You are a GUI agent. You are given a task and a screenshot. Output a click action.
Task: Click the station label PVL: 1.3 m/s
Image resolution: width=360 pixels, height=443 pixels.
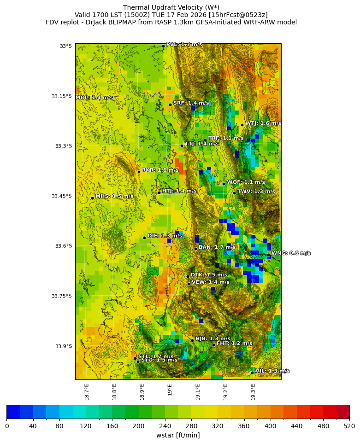coord(183,44)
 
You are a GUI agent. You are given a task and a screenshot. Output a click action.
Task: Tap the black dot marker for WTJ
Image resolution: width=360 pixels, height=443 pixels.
coord(242,125)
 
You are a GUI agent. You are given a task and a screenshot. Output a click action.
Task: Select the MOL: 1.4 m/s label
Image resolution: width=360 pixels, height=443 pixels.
coord(94,98)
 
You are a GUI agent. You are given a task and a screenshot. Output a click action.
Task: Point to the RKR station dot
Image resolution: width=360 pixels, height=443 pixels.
coord(139,172)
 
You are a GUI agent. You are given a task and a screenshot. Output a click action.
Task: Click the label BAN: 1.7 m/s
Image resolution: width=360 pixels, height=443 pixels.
coord(217,247)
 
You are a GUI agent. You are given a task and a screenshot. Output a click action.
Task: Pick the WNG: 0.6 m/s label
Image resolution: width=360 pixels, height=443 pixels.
coord(290,253)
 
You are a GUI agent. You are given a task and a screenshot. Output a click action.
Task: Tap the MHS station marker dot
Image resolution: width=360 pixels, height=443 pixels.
coord(92,198)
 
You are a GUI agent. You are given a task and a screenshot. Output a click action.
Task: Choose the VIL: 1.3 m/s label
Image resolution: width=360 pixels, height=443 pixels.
coord(272,371)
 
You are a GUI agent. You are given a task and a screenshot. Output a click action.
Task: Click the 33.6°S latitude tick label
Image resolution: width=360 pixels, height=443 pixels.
coord(63,246)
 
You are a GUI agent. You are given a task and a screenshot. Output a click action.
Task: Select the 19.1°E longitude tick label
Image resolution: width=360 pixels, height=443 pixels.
coord(198,391)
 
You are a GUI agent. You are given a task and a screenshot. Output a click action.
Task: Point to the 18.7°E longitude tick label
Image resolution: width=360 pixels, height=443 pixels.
coord(87,391)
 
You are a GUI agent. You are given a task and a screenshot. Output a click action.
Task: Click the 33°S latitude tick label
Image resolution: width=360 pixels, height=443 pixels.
coord(65,46)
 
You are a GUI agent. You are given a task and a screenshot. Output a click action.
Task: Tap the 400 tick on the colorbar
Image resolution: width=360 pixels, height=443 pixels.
coord(270,426)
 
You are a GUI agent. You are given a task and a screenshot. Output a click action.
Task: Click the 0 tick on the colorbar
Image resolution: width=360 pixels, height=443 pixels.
coord(7,426)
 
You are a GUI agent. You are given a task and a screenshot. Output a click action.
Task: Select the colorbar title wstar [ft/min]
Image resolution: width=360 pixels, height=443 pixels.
coord(178,435)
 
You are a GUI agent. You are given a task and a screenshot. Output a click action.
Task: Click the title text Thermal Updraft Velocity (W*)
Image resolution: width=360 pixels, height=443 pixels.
coord(171,7)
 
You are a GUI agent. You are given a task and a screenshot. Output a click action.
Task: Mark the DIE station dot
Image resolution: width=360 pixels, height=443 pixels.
coord(144,238)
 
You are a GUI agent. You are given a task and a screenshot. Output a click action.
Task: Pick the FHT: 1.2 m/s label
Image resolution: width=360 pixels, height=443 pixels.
coord(234,343)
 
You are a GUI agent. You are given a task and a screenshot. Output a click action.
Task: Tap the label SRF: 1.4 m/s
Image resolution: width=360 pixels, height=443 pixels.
coord(191,103)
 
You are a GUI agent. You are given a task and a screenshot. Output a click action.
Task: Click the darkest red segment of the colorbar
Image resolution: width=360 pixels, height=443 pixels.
coord(342,412)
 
